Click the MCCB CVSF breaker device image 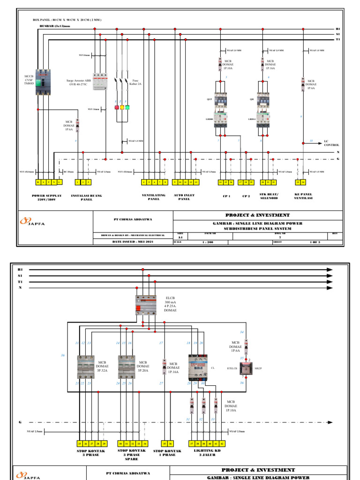click(x=43, y=83)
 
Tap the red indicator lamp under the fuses click(x=117, y=107)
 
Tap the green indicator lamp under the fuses click(x=127, y=107)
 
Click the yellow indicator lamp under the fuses click(x=122, y=107)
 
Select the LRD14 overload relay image click(x=262, y=120)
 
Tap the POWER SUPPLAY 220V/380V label click(x=47, y=197)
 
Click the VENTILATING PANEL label click(x=153, y=197)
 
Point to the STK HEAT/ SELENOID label click(x=270, y=197)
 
